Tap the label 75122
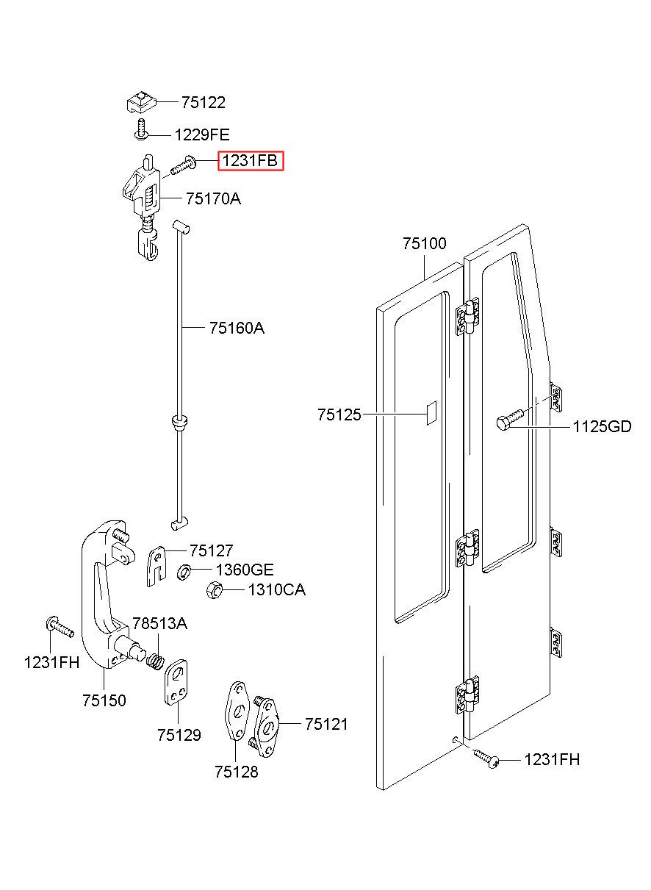(204, 102)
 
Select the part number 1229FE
(202, 135)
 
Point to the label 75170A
(213, 198)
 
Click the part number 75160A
(237, 329)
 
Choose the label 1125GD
(602, 427)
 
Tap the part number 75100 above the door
(424, 243)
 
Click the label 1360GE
(244, 570)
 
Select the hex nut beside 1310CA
(214, 590)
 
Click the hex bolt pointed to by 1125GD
(510, 420)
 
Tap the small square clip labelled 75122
(141, 102)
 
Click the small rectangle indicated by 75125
(431, 413)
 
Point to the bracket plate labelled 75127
(157, 566)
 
